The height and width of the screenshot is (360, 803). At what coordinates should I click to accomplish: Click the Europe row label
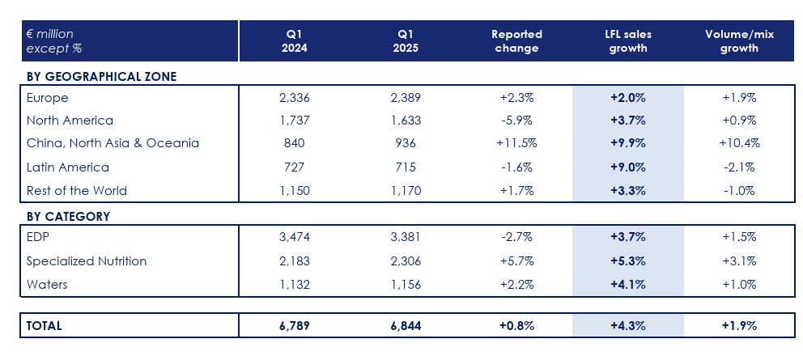point(47,97)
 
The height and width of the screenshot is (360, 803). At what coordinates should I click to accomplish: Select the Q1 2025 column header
point(406,41)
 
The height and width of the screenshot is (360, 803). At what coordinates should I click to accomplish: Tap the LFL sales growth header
point(627,41)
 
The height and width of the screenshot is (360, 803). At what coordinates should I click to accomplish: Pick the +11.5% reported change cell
point(516,143)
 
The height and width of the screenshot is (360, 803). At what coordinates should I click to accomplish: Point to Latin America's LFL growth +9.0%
point(627,167)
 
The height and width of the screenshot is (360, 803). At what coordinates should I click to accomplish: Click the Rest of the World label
point(77,191)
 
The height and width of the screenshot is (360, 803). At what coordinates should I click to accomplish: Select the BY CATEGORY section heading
point(68,216)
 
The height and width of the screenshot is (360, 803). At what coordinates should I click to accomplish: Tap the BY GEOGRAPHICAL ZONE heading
point(101,76)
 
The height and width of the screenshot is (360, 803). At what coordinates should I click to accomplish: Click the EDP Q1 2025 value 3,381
point(406,237)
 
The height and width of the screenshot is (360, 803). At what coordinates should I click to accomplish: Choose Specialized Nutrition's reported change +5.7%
point(516,261)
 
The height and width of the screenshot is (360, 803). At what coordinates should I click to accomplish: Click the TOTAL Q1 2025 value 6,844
point(406,325)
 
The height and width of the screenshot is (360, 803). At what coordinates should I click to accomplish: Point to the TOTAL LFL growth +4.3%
point(627,325)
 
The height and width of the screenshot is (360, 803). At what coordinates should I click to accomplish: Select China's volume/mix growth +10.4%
point(737,143)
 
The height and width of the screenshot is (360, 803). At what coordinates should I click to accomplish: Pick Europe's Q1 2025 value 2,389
point(406,97)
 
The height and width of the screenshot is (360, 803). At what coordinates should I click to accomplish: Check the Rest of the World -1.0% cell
point(737,191)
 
